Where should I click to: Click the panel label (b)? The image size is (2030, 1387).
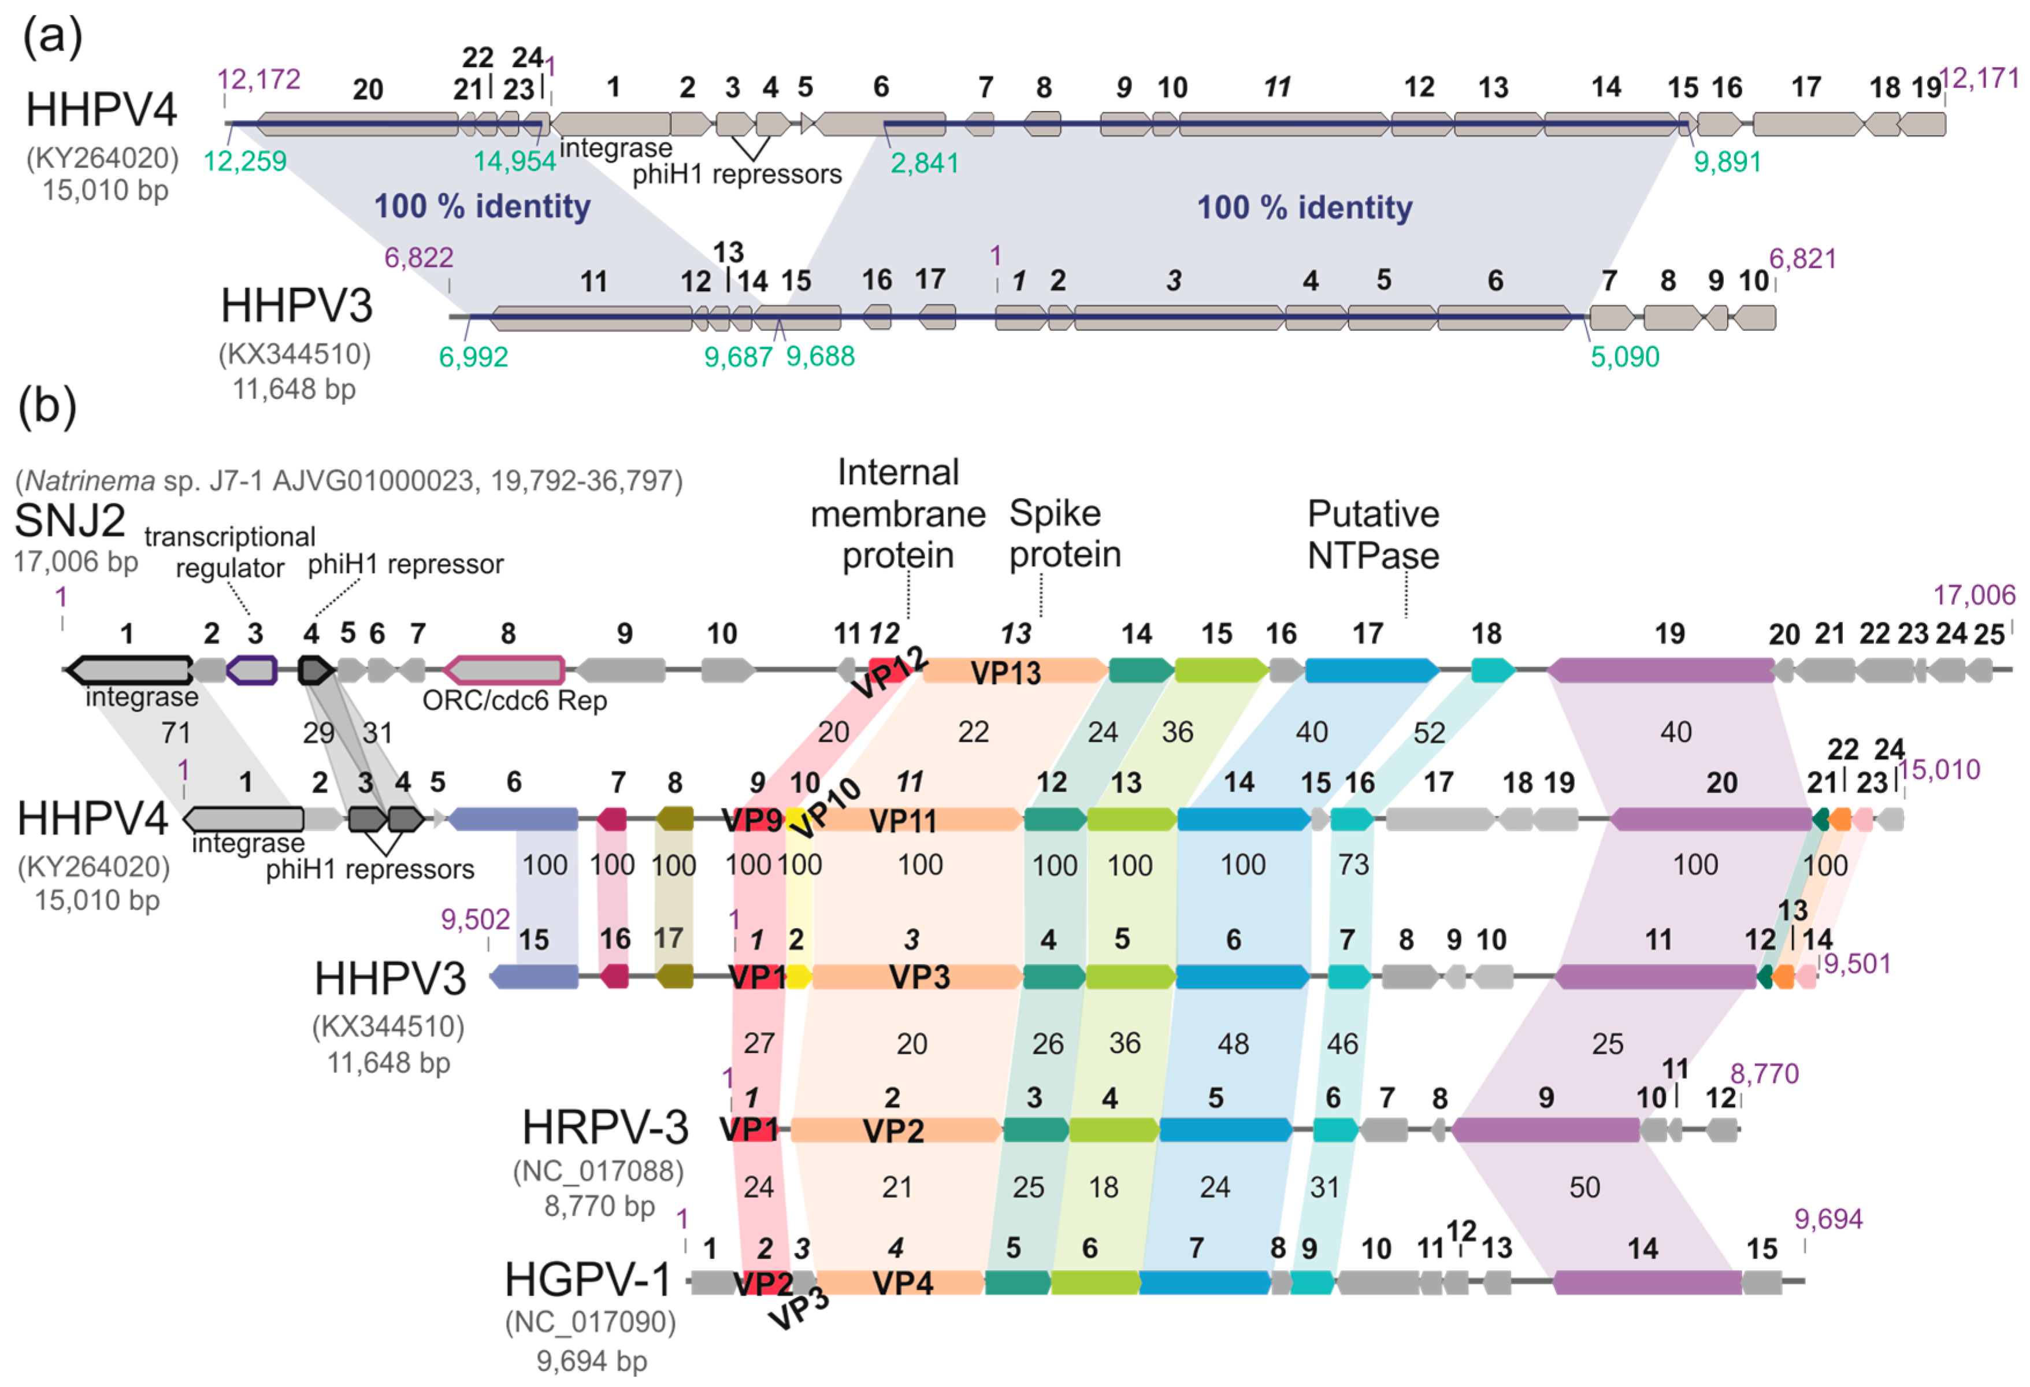[47, 407]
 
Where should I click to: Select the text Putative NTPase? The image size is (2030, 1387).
[1372, 535]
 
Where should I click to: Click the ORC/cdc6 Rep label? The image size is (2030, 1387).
[514, 700]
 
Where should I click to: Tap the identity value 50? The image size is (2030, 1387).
[1584, 1187]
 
